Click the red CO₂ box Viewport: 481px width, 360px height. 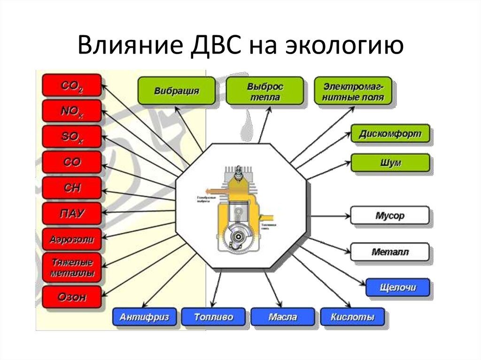pos(72,85)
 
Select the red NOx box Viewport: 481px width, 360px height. pos(72,111)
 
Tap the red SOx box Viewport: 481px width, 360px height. pos(72,137)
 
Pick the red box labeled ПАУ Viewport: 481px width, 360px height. pos(72,214)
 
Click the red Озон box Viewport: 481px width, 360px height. pos(72,297)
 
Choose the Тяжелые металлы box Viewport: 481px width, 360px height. pos(72,267)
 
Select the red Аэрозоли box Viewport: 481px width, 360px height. pos(72,239)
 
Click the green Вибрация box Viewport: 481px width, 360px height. pos(176,91)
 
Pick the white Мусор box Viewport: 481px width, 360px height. pos(390,216)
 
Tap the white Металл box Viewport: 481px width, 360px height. pos(390,252)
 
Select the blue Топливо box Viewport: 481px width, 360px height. pos(214,317)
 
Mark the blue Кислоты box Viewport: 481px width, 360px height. pos(352,317)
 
